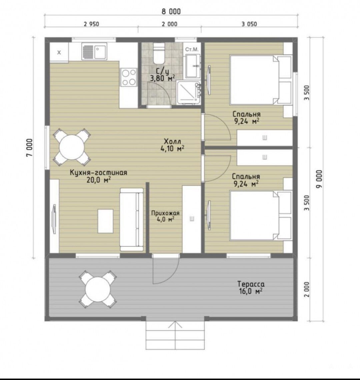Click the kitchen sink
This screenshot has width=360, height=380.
point(94,51)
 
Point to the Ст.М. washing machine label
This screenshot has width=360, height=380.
point(192,49)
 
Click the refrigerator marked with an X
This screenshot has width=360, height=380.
point(59,52)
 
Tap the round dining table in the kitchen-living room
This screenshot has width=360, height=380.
point(72,147)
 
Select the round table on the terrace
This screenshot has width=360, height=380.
point(98,289)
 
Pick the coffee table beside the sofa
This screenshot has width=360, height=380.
point(106,221)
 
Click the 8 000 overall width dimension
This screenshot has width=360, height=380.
point(171,11)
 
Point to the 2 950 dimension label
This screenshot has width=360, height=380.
point(91,24)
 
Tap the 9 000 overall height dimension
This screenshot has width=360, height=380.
point(319,179)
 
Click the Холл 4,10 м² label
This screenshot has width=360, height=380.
point(172,145)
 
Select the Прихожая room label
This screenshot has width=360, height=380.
point(165,213)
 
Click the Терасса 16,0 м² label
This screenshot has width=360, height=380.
point(251,287)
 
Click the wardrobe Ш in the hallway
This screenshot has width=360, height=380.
point(192,219)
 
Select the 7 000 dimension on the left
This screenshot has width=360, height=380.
point(29,148)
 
